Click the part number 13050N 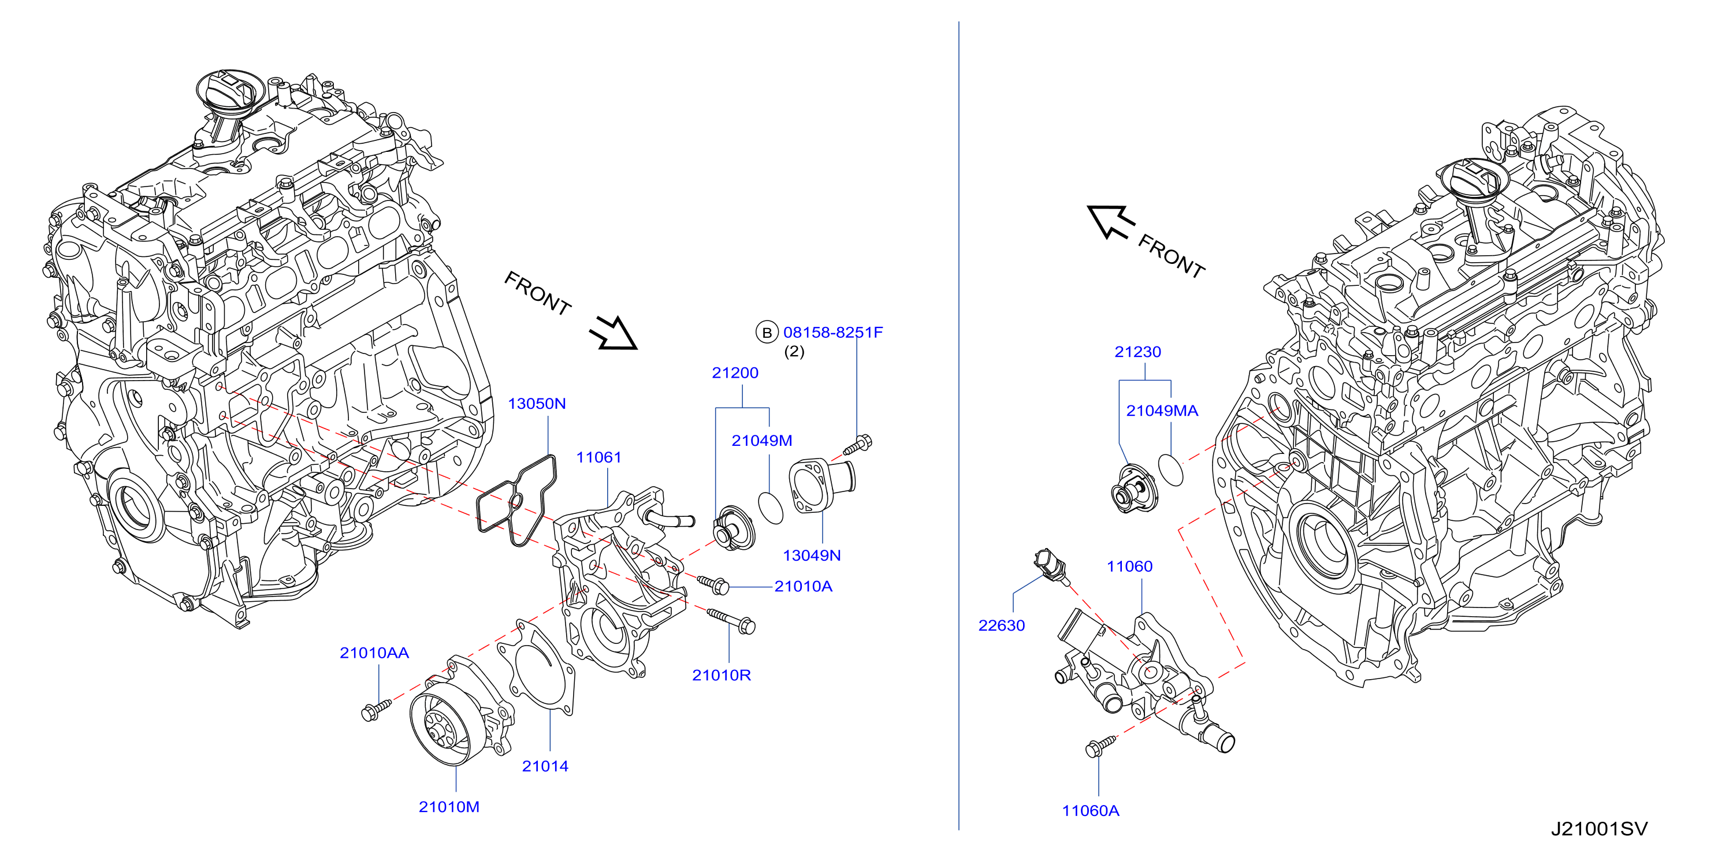tap(536, 404)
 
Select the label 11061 tap(599, 458)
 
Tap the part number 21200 tap(735, 373)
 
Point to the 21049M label tap(762, 441)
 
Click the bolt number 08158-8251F tap(833, 333)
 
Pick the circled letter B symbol tap(767, 332)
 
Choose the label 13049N tap(812, 556)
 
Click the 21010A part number tap(804, 587)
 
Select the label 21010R tap(722, 675)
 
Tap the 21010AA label tap(374, 653)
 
